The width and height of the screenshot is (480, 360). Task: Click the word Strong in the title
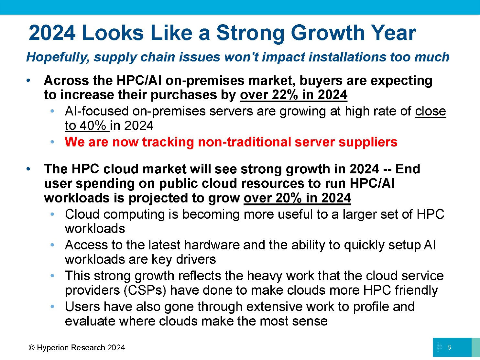pyautogui.click(x=250, y=33)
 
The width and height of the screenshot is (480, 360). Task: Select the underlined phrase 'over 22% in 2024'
pyautogui.click(x=293, y=95)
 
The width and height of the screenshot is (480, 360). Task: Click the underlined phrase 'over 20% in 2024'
pyautogui.click(x=297, y=198)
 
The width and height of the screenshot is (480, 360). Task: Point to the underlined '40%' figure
pyautogui.click(x=93, y=126)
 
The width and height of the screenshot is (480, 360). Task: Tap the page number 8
pyautogui.click(x=449, y=347)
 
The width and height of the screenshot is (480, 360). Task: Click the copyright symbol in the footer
pyautogui.click(x=31, y=348)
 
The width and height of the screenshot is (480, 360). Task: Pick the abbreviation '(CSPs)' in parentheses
pyautogui.click(x=145, y=290)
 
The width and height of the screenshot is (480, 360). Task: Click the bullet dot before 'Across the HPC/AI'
pyautogui.click(x=28, y=81)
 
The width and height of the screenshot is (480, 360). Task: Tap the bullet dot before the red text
pyautogui.click(x=52, y=142)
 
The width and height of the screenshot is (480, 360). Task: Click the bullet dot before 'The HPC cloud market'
pyautogui.click(x=28, y=169)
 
